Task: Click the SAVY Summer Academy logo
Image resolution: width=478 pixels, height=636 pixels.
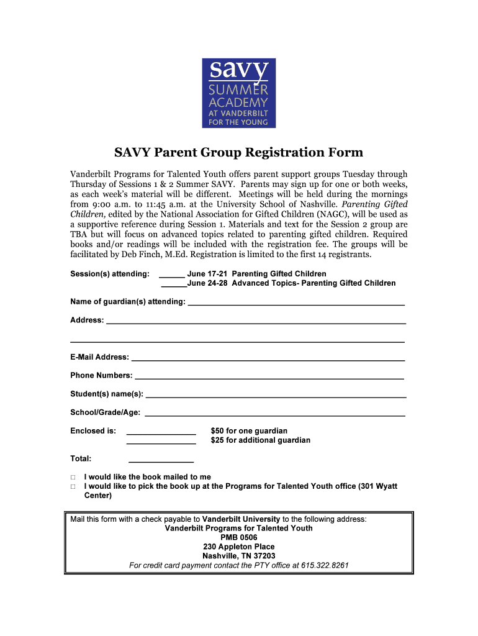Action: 238,93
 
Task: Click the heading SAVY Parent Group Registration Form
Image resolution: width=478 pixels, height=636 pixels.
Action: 238,153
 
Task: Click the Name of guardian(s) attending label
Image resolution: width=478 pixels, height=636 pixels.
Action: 127,302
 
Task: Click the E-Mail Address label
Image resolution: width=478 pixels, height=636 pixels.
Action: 99,357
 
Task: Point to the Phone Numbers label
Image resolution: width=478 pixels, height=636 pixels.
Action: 101,376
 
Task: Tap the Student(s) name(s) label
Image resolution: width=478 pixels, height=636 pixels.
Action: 106,394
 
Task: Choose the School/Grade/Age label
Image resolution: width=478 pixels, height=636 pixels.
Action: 105,412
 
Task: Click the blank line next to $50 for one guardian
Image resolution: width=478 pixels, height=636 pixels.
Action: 161,432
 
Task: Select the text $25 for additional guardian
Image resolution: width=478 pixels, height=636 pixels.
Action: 260,440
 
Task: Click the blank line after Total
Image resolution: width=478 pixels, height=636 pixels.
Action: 161,460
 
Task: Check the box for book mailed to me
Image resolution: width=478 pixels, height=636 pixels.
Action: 73,478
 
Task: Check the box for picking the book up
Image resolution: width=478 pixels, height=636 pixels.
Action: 73,487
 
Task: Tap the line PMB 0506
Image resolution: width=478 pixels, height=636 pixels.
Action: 238,537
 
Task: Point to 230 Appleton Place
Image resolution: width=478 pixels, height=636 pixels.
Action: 238,547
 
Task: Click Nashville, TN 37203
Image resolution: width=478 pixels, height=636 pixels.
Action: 238,556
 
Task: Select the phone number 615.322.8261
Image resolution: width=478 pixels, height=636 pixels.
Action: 325,566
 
